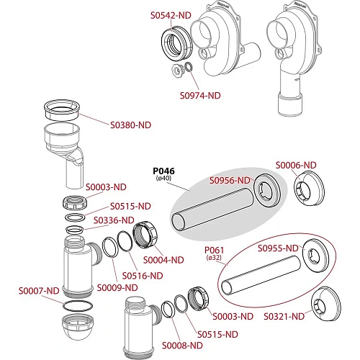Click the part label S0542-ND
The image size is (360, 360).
[x=171, y=15]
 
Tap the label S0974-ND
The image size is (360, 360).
[x=200, y=96]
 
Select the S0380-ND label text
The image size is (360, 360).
[x=130, y=125]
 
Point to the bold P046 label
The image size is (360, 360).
[x=164, y=171]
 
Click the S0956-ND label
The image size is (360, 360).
[x=230, y=180]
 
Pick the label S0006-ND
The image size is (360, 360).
[x=296, y=165]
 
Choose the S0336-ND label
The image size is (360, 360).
[x=114, y=220]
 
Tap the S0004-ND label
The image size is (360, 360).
[x=163, y=260]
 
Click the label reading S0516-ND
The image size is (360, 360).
[x=143, y=276]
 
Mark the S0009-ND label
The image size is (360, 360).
[x=117, y=288]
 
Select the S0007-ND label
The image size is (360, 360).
[x=39, y=291]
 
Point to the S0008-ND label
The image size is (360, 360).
[x=182, y=346]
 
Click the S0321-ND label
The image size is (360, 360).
[x=284, y=317]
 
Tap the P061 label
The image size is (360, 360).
[x=214, y=251]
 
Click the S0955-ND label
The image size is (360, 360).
[x=278, y=248]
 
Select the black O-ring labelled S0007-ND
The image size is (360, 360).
[x=77, y=301]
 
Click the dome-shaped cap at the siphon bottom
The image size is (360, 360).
[x=77, y=327]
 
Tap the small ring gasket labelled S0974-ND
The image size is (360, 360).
[x=189, y=64]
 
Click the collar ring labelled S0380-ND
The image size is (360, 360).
[x=62, y=114]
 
